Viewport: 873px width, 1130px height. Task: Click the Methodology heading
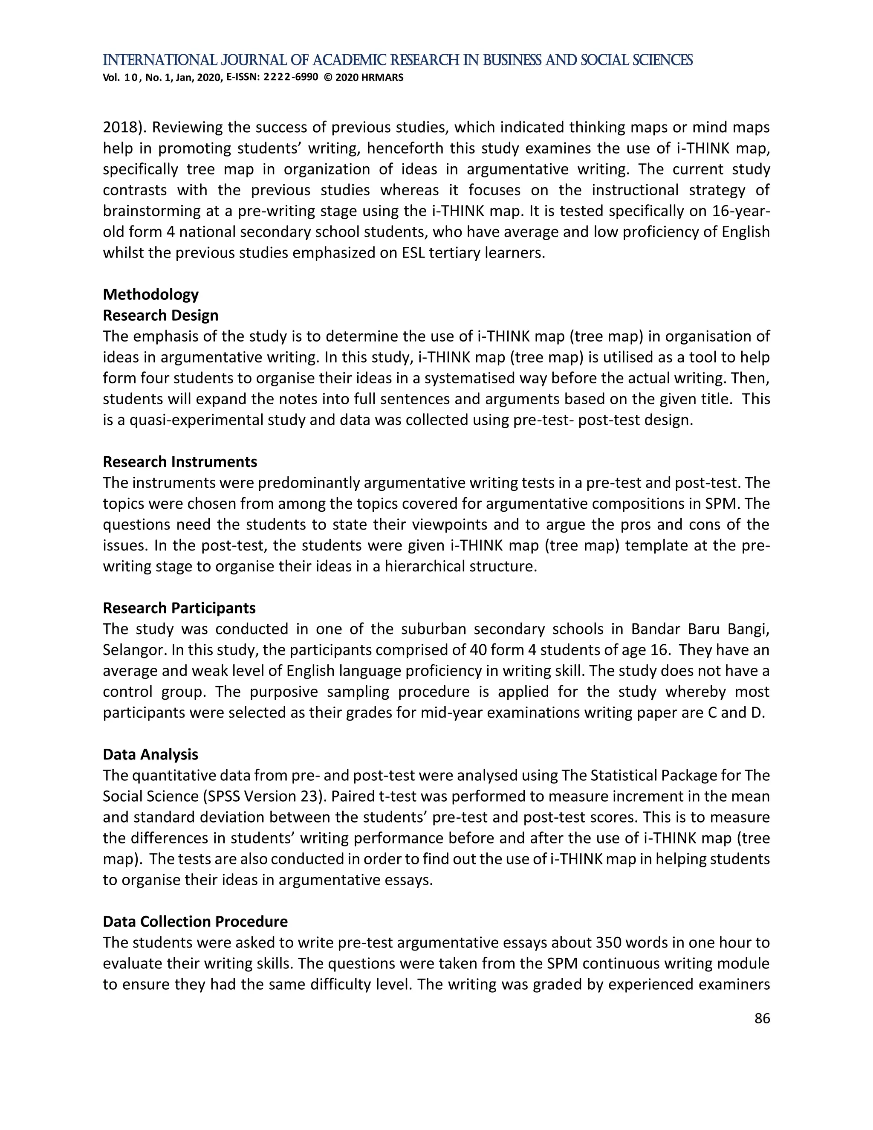tap(150, 294)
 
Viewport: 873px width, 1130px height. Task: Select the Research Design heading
tap(160, 315)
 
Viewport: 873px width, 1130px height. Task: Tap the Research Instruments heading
tap(180, 461)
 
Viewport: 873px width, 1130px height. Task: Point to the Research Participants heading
tap(179, 608)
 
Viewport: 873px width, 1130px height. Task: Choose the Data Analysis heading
tap(150, 754)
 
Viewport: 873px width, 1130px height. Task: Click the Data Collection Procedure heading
tap(195, 921)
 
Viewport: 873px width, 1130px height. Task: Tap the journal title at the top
tap(397, 61)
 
